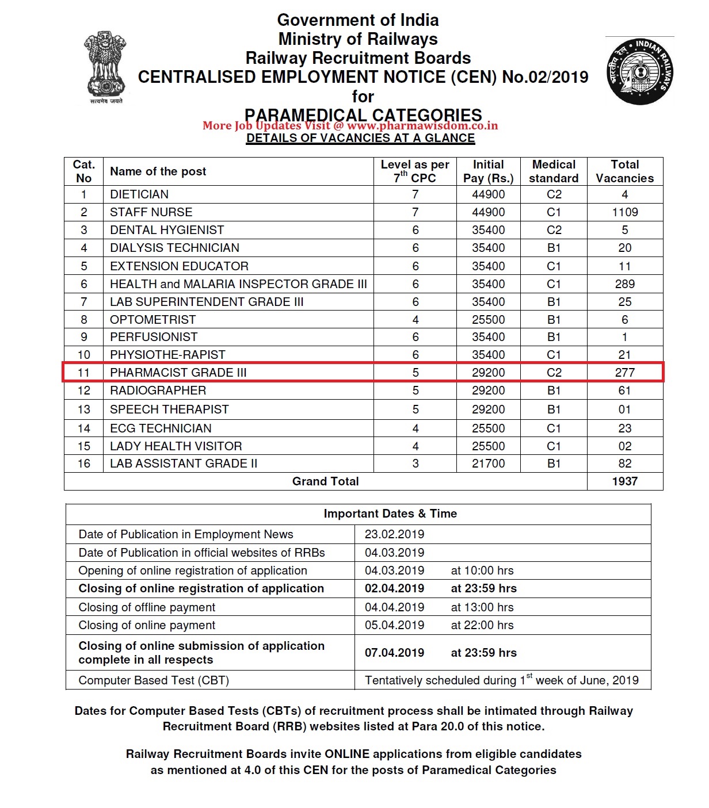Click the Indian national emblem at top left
pyautogui.click(x=105, y=67)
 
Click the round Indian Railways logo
pyautogui.click(x=640, y=72)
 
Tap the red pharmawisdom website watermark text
pyautogui.click(x=350, y=126)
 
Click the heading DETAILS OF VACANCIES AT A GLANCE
pyautogui.click(x=360, y=139)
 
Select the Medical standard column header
pyautogui.click(x=554, y=171)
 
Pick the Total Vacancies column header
pyautogui.click(x=624, y=171)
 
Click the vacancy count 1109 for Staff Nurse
pyautogui.click(x=624, y=212)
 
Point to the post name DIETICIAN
pyautogui.click(x=139, y=194)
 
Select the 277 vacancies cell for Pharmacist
pyautogui.click(x=624, y=373)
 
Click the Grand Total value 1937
pyautogui.click(x=624, y=481)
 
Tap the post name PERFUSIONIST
pyautogui.click(x=154, y=337)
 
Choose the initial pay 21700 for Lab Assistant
pyautogui.click(x=488, y=464)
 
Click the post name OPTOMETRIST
pyautogui.click(x=153, y=320)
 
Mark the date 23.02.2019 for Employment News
pyautogui.click(x=394, y=534)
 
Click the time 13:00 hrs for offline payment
pyautogui.click(x=482, y=607)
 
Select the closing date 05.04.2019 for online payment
pyautogui.click(x=394, y=625)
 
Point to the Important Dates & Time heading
pyautogui.click(x=390, y=514)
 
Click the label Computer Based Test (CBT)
pyautogui.click(x=154, y=680)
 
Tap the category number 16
pyautogui.click(x=84, y=464)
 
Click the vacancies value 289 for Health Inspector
pyautogui.click(x=624, y=284)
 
